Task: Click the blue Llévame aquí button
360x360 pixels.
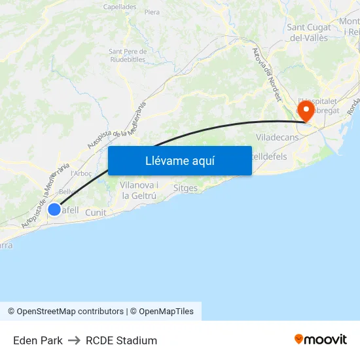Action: (x=179, y=160)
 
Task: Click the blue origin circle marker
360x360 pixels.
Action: (x=54, y=209)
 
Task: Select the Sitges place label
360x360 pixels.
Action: (x=185, y=187)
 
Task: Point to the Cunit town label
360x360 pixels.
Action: (x=96, y=212)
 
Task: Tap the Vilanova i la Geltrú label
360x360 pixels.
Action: (x=139, y=190)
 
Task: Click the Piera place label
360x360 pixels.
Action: (x=152, y=12)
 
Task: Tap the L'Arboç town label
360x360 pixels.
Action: (x=81, y=173)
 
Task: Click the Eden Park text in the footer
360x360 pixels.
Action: (x=38, y=340)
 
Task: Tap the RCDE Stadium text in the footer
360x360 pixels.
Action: (x=121, y=340)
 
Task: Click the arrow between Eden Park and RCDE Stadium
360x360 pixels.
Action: (x=74, y=340)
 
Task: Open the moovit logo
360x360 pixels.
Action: (x=321, y=340)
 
